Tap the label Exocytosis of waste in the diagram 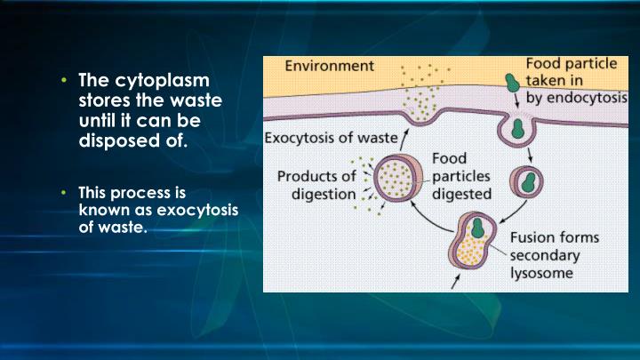click(329, 139)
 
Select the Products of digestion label click(316, 185)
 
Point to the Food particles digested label click(463, 175)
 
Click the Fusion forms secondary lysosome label click(554, 256)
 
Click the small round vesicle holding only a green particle click(532, 181)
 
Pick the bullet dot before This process click(64, 192)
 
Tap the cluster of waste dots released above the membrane click(418, 88)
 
